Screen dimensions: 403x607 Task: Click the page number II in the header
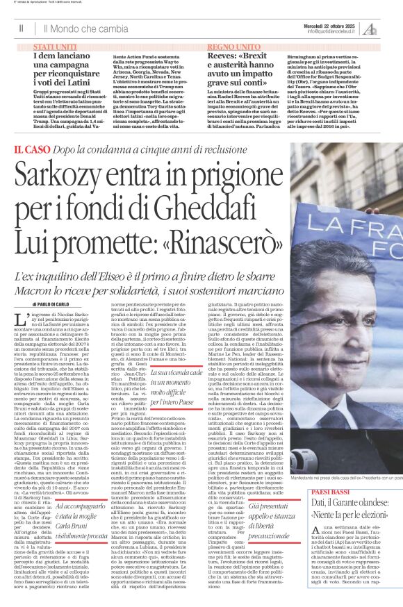pos(21,28)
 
